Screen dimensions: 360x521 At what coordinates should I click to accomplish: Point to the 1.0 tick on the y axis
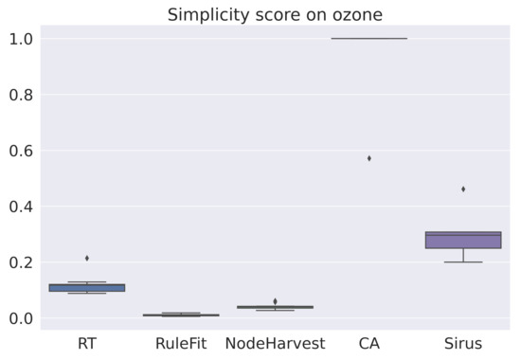(21, 39)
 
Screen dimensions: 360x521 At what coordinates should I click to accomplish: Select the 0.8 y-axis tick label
(21, 95)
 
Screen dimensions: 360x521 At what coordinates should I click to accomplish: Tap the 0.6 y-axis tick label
(21, 151)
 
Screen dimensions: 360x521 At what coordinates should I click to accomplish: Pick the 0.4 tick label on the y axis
(21, 207)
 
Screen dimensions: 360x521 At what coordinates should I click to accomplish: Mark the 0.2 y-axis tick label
(21, 262)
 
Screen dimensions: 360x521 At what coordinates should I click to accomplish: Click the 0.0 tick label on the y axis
(21, 318)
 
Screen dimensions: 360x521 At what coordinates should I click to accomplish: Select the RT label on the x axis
(87, 344)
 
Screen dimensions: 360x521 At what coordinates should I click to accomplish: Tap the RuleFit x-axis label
(181, 344)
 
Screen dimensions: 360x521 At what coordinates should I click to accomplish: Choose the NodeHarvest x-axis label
(275, 344)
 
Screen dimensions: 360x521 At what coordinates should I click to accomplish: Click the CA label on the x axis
(368, 344)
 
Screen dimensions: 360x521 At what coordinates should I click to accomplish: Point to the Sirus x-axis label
(462, 344)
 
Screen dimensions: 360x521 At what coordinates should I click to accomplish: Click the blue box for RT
(87, 287)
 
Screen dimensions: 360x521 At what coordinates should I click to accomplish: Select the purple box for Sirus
(463, 240)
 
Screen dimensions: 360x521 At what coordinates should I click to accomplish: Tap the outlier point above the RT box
(87, 258)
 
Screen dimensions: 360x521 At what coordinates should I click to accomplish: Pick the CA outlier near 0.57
(368, 158)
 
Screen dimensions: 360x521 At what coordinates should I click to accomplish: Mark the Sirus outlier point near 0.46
(463, 189)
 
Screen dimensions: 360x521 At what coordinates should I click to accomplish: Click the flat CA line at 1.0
(368, 39)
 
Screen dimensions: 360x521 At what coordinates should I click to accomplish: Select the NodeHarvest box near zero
(275, 307)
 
